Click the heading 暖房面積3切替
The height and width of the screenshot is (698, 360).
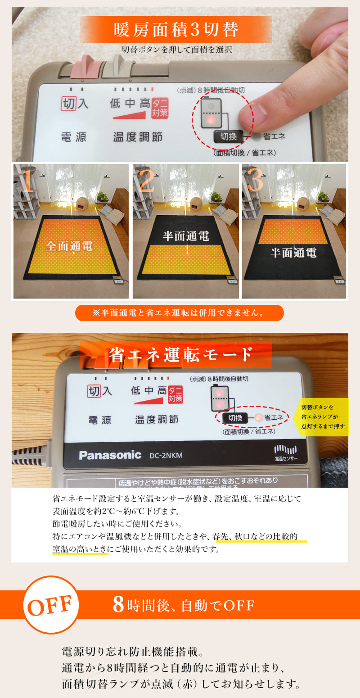(175, 30)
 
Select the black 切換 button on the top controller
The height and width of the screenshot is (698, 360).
(229, 136)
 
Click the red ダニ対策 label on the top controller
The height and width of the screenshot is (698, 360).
(160, 108)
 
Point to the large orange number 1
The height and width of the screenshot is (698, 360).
(28, 181)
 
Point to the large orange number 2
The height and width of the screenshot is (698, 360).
(147, 181)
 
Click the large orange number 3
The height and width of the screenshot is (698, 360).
(255, 181)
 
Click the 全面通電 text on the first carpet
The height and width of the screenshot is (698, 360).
(69, 246)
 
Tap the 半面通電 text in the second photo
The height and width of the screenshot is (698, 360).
(186, 236)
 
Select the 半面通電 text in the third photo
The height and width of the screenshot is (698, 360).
(293, 252)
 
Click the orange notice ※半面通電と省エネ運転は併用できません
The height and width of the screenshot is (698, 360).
(179, 313)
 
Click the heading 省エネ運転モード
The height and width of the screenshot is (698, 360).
(180, 355)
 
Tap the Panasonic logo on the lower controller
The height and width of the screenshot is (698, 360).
(110, 455)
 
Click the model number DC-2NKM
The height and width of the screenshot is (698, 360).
(166, 456)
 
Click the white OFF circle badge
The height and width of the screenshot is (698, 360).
(50, 605)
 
